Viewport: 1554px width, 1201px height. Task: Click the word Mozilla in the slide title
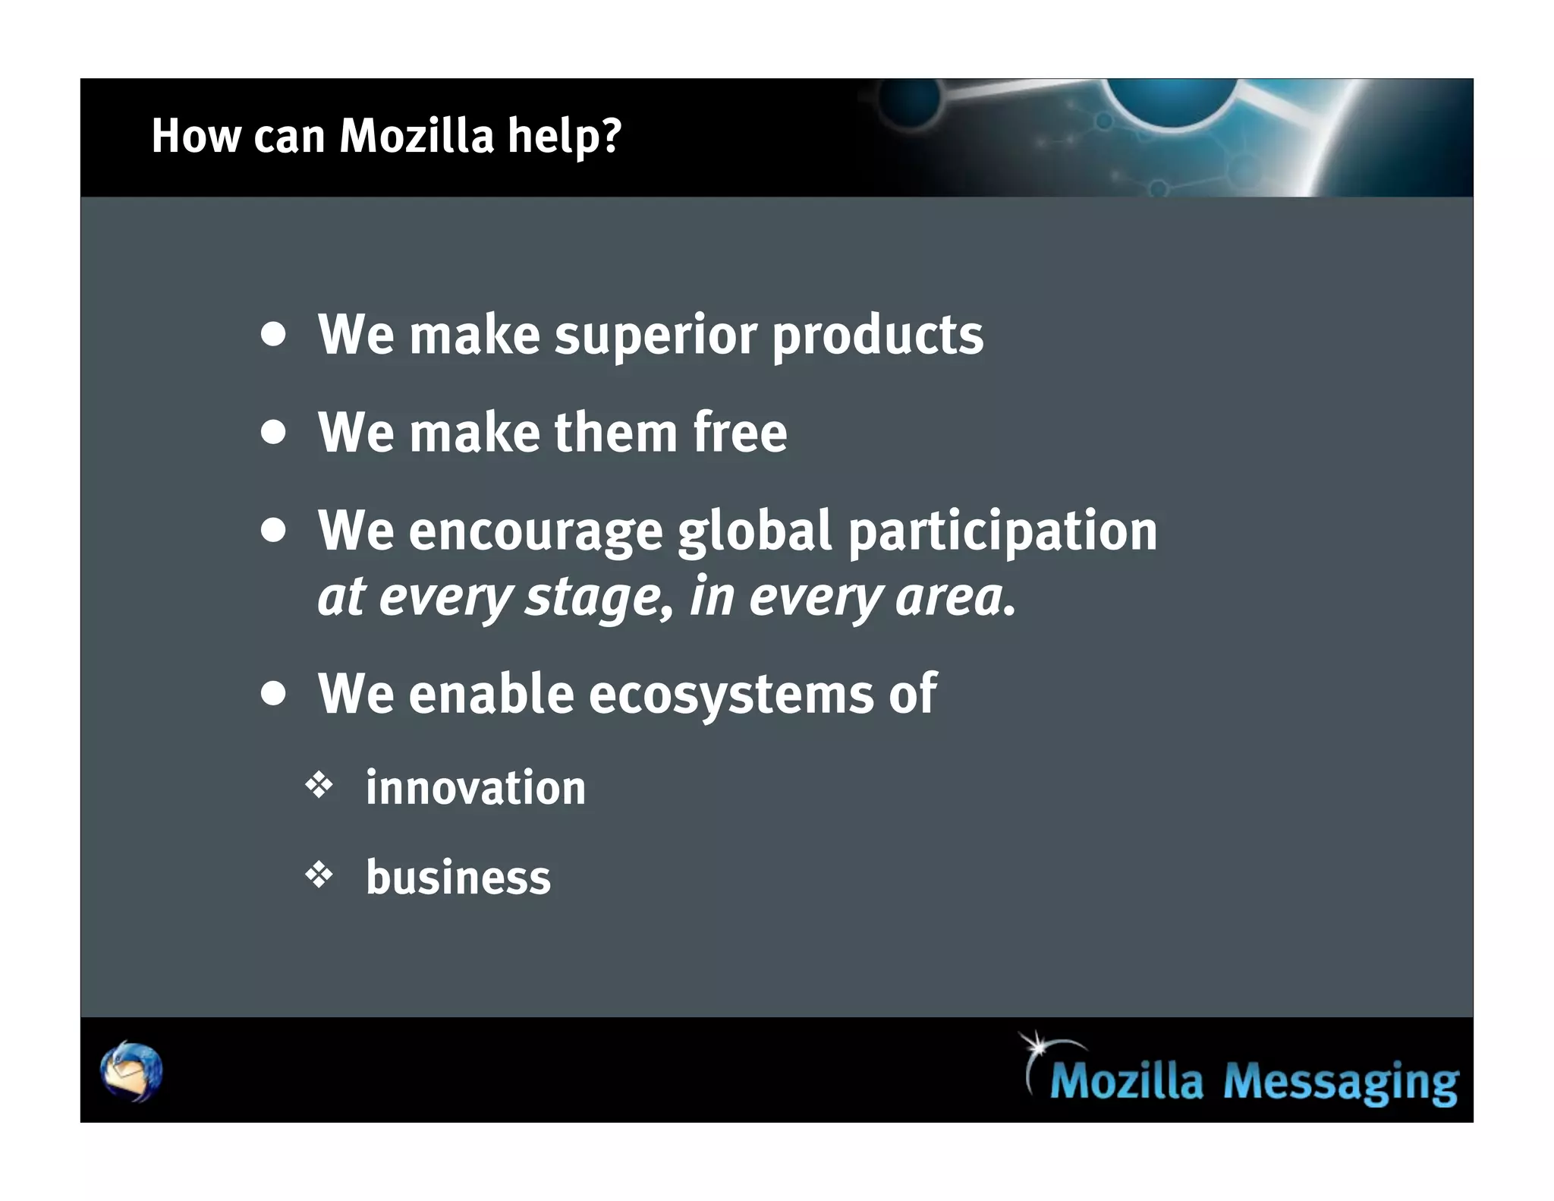(x=417, y=136)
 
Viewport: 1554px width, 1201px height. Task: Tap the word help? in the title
(x=565, y=136)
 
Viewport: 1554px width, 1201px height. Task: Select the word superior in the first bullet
(x=656, y=335)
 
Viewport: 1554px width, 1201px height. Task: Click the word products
(x=877, y=335)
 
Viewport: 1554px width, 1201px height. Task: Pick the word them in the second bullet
(x=615, y=432)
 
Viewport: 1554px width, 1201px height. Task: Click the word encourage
(x=536, y=531)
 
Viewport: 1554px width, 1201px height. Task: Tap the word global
(x=755, y=531)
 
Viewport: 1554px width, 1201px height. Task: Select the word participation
(x=1002, y=531)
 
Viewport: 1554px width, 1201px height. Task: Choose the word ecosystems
(x=731, y=695)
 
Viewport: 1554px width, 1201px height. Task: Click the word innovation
(x=476, y=787)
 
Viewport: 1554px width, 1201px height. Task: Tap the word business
(x=458, y=878)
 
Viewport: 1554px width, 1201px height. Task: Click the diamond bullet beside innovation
(x=319, y=786)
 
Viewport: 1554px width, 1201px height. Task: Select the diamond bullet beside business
(x=319, y=875)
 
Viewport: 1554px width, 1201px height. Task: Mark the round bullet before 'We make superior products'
(x=273, y=335)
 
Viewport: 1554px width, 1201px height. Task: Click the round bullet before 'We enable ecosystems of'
(x=273, y=693)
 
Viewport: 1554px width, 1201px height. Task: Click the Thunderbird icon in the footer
(x=131, y=1071)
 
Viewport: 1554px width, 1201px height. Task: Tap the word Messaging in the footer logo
(x=1341, y=1081)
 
